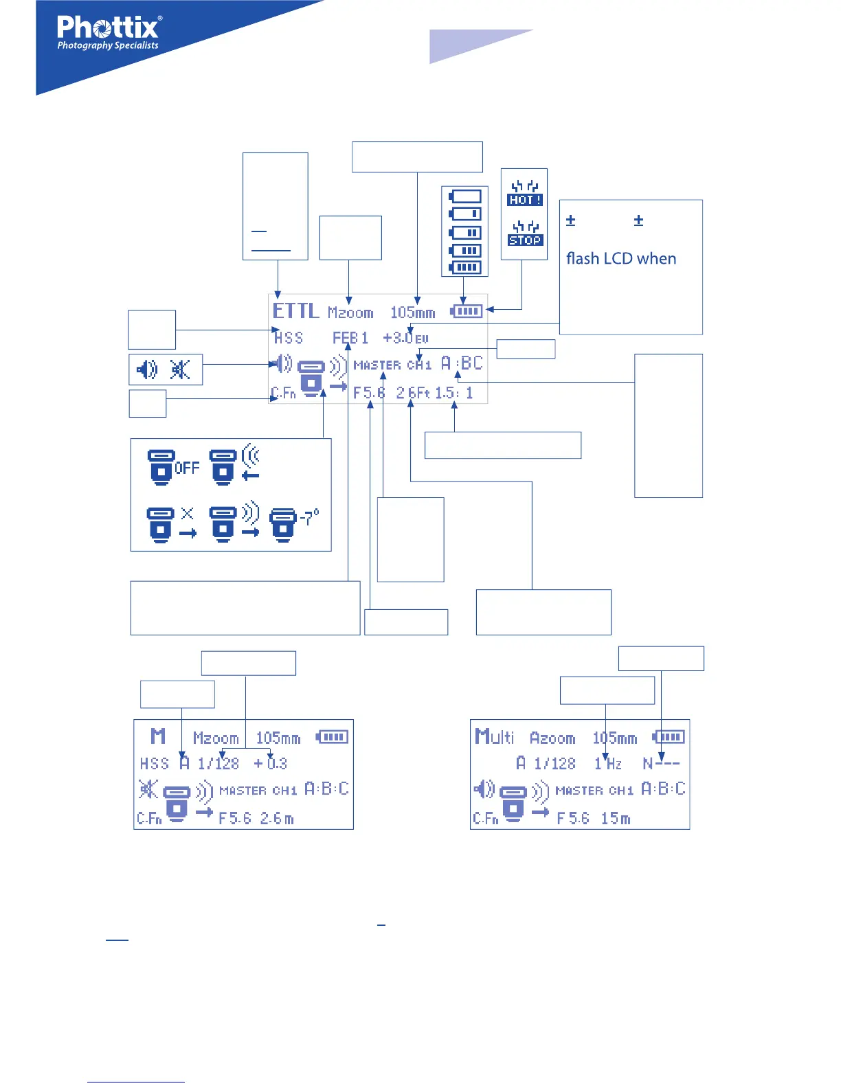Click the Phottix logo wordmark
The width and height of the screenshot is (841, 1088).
coord(109,27)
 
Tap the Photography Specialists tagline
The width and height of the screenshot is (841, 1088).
coord(108,46)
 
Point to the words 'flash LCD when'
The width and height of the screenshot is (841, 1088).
coord(620,259)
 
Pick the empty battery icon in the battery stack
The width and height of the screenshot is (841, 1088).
coord(465,196)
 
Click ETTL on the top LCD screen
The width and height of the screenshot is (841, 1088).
coord(295,311)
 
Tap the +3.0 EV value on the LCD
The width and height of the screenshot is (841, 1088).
coord(405,338)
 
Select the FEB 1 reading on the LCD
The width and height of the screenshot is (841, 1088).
coord(350,338)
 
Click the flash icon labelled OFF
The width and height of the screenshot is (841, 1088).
coord(174,467)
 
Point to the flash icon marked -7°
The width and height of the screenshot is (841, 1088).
coord(294,524)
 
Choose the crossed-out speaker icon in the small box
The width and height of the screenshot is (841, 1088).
coord(180,370)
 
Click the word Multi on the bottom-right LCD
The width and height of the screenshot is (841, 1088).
coord(494,737)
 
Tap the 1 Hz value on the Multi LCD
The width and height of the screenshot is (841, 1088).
coord(608,763)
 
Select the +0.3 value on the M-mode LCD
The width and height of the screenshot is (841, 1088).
coord(271,763)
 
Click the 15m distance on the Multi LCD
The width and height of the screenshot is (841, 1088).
coord(615,818)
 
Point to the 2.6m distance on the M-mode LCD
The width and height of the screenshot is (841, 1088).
coord(277,818)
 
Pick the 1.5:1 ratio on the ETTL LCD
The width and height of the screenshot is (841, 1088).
coord(453,393)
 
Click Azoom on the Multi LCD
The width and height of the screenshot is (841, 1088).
coord(552,738)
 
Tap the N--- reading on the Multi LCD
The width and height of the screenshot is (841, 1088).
coord(661,763)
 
